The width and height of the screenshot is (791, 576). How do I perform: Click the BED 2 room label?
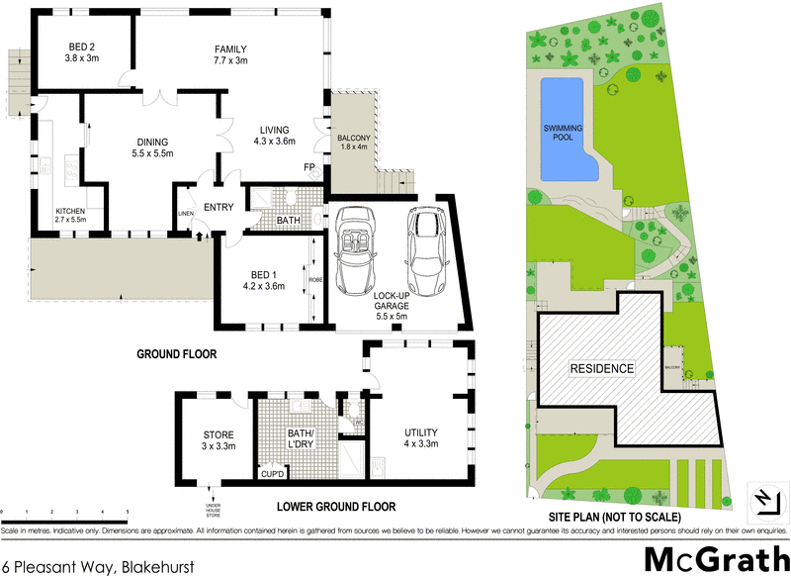(80, 52)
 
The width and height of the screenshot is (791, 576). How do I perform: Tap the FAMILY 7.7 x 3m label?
(230, 54)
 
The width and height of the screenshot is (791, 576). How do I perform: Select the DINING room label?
(152, 147)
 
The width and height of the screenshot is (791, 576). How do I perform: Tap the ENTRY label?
(218, 207)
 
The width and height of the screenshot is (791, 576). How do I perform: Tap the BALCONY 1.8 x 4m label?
(352, 142)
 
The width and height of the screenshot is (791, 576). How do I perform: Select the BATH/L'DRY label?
(298, 438)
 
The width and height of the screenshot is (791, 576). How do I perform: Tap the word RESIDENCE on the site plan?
(601, 368)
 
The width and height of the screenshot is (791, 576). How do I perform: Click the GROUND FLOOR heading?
(176, 353)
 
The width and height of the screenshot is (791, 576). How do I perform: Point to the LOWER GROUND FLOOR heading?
(336, 506)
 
